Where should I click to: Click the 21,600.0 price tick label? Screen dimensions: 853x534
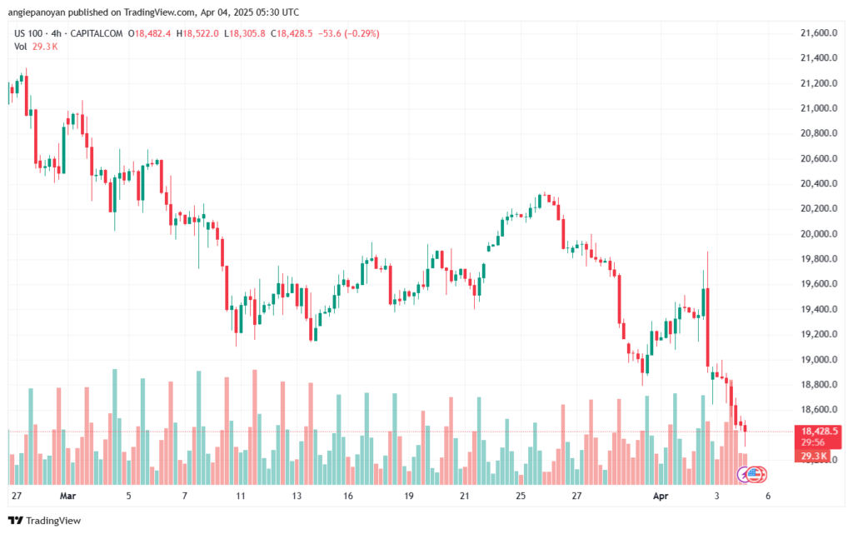pos(819,33)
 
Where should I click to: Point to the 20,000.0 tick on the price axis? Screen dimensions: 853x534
pos(819,234)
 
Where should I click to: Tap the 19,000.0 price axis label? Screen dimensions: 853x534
pos(819,359)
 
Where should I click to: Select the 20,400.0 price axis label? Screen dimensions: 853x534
pos(819,184)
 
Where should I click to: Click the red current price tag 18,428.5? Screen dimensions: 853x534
pos(820,432)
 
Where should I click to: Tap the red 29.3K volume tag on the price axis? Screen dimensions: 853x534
pos(814,456)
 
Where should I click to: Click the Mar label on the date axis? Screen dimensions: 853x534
pos(68,496)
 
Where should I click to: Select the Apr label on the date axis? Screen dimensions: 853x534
pos(661,496)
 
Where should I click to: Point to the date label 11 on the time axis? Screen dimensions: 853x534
pos(241,496)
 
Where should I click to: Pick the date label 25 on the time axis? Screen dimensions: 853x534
pos(521,496)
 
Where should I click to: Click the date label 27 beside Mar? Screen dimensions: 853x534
pos(17,496)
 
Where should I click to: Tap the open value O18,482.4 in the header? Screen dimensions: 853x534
pos(150,33)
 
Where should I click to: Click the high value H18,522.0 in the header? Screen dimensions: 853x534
pos(197,33)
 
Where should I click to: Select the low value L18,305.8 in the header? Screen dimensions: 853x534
pos(245,33)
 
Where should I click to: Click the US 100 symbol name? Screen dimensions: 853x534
pos(28,33)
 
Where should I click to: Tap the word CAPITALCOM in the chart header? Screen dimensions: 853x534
pos(97,33)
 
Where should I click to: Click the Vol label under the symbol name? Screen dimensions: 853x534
pos(21,47)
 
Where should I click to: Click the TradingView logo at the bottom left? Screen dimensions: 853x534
pos(45,521)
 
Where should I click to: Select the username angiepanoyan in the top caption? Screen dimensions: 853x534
pos(36,12)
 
